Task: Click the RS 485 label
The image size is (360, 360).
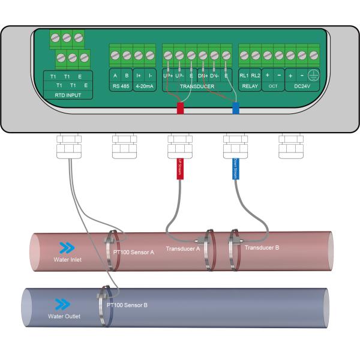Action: point(121,86)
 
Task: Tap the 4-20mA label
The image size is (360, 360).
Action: point(143,86)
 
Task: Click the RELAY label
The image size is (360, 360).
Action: point(250,86)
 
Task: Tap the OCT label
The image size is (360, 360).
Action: point(273,86)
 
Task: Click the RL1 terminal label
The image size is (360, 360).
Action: point(244,76)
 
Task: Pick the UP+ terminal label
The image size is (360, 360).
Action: point(168,76)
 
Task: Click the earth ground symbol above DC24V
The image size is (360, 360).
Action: point(313,76)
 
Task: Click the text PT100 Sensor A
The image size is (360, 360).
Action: point(134,253)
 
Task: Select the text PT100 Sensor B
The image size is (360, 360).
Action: point(127,305)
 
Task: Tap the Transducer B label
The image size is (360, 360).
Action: point(262,247)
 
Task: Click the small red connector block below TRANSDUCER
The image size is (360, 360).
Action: point(179,109)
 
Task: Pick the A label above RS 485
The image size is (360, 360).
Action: point(115,76)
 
